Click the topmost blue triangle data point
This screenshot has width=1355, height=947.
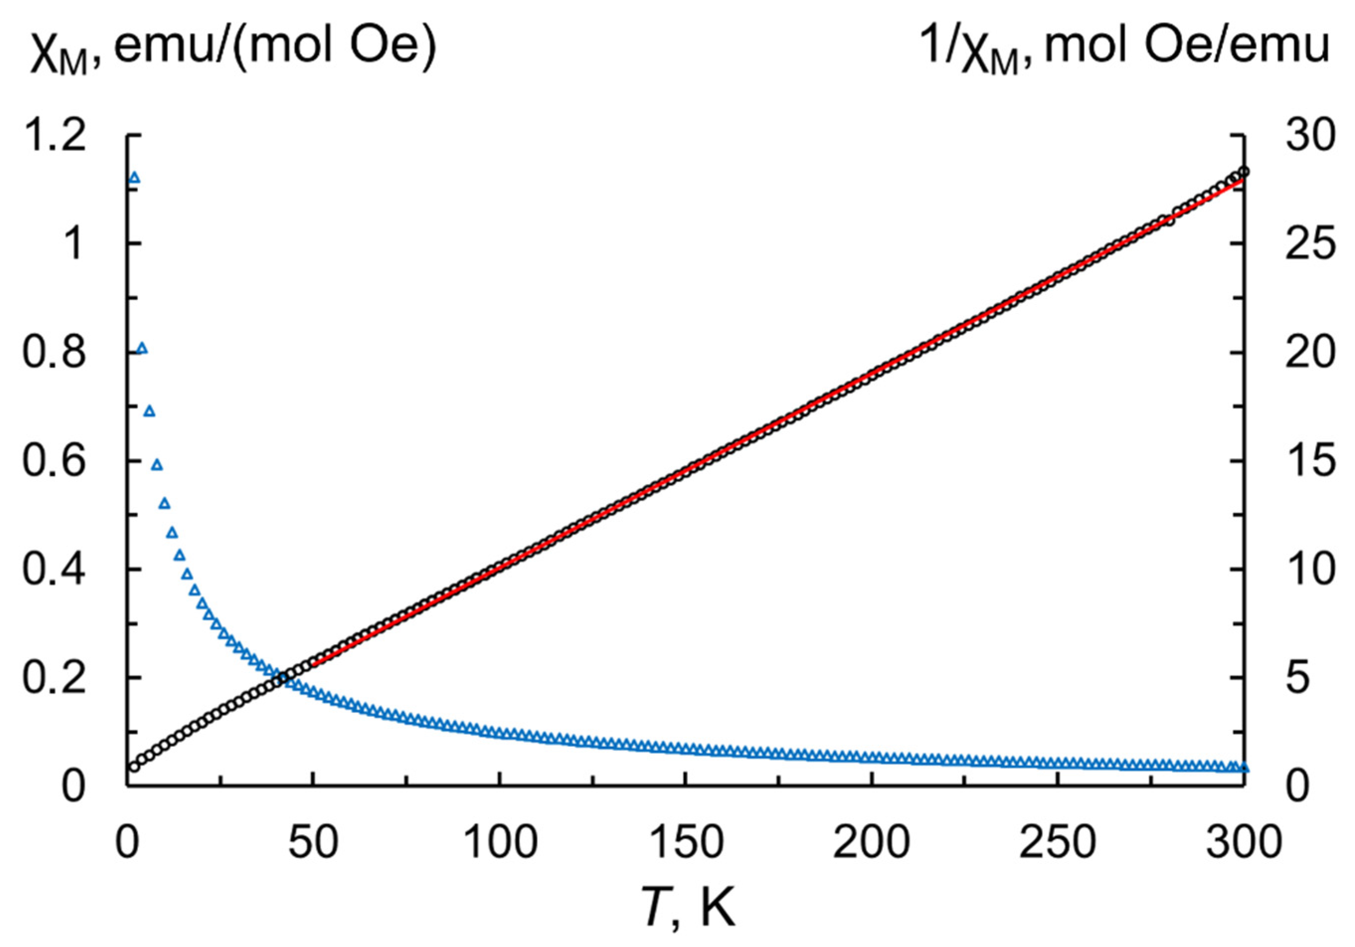[135, 177]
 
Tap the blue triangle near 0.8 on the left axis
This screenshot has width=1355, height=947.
[142, 348]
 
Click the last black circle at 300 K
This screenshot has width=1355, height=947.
[1244, 172]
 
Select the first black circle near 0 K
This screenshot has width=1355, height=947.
[135, 767]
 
